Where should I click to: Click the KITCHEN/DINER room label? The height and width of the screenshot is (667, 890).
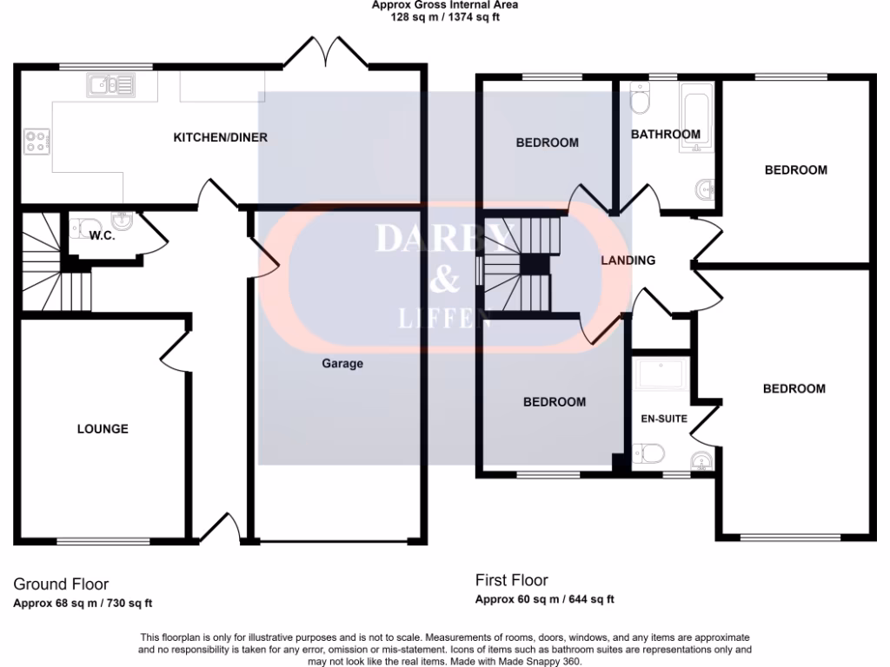[220, 137]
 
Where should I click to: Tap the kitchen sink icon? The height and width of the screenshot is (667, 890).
[110, 85]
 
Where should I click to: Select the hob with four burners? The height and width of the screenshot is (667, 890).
[37, 141]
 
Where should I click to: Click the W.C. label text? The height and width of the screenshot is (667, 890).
[103, 235]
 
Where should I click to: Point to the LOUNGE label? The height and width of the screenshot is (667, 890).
[103, 429]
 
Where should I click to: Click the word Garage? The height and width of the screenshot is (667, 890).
[342, 364]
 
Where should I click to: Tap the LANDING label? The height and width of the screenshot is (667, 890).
[628, 260]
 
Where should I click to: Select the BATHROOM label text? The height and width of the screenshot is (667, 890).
[665, 135]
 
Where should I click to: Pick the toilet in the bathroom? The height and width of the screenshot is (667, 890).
[641, 99]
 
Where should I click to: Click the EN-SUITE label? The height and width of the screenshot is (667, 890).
[664, 419]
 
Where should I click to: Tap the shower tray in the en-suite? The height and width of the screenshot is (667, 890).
[662, 374]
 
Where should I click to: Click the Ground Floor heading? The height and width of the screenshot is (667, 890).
[61, 584]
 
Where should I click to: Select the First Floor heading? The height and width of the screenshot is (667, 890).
[512, 580]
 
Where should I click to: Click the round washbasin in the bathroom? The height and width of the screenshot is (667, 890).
[704, 188]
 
